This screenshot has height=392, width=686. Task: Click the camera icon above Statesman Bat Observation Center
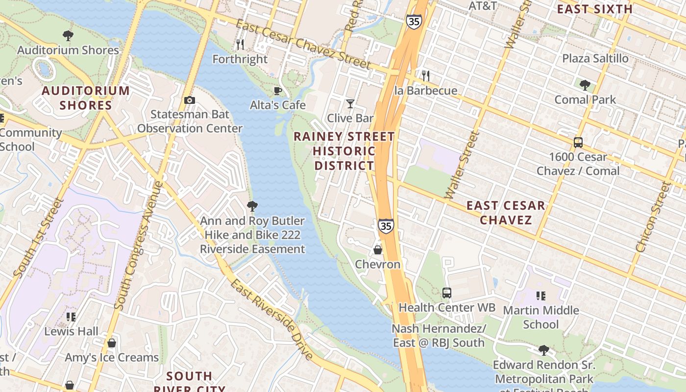(x=190, y=100)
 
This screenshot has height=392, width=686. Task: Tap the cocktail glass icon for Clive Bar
(x=350, y=103)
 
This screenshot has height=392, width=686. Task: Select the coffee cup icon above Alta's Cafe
(x=277, y=91)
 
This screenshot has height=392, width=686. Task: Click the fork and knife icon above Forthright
(x=240, y=45)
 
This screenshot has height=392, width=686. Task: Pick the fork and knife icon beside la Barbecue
(x=426, y=76)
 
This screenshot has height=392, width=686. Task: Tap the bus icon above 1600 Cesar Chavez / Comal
(x=578, y=143)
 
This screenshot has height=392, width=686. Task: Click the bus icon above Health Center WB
(x=446, y=293)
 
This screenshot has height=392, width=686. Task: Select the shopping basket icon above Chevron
(x=378, y=250)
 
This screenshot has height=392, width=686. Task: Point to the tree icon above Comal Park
(x=585, y=85)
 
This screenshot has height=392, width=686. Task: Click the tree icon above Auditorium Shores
(x=68, y=35)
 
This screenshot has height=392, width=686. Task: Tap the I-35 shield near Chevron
(x=386, y=226)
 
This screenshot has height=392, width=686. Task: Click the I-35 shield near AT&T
(x=413, y=22)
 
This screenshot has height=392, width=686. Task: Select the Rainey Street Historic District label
(x=344, y=151)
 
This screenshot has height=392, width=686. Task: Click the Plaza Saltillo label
(x=595, y=58)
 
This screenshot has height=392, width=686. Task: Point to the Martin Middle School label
(x=540, y=317)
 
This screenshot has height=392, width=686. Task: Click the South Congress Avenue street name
(x=138, y=245)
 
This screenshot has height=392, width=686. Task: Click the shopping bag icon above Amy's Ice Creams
(x=112, y=343)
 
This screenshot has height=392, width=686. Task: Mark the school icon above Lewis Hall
(x=71, y=317)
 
